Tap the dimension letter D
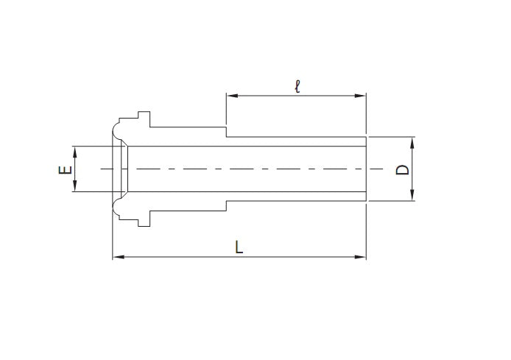pos(402,169)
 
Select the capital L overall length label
pos(239,247)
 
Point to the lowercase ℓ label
pos(297,85)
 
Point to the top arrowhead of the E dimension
pos(74,150)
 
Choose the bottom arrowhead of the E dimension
pos(74,188)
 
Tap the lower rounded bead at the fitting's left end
pos(118,208)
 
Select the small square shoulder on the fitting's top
pos(143,117)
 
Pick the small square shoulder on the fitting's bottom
pos(143,220)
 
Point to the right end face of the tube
pos(366,169)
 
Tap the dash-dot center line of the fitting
pos(243,169)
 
